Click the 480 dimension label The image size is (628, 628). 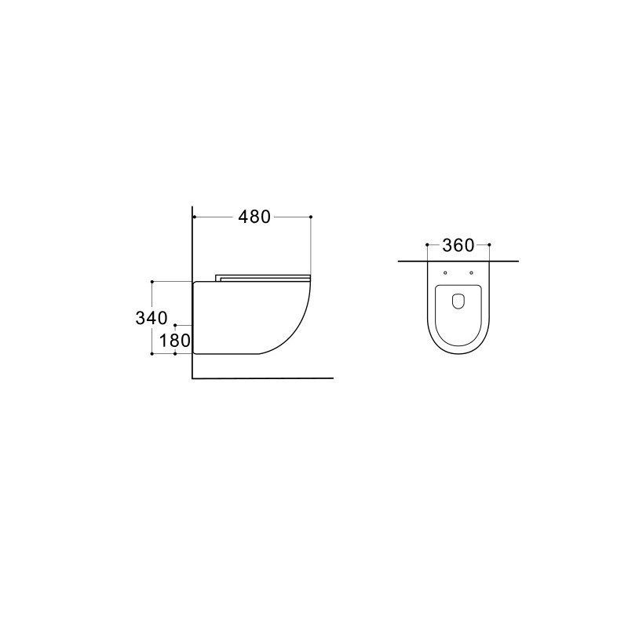(254, 217)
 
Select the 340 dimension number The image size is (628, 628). (152, 319)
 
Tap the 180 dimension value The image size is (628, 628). (174, 341)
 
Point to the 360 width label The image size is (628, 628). (458, 245)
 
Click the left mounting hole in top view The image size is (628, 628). (445, 272)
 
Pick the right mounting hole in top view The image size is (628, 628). (471, 272)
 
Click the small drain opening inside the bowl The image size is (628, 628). (458, 302)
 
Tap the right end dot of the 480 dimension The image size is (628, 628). (311, 217)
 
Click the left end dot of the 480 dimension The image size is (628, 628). (194, 217)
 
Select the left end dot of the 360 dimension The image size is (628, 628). (427, 244)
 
